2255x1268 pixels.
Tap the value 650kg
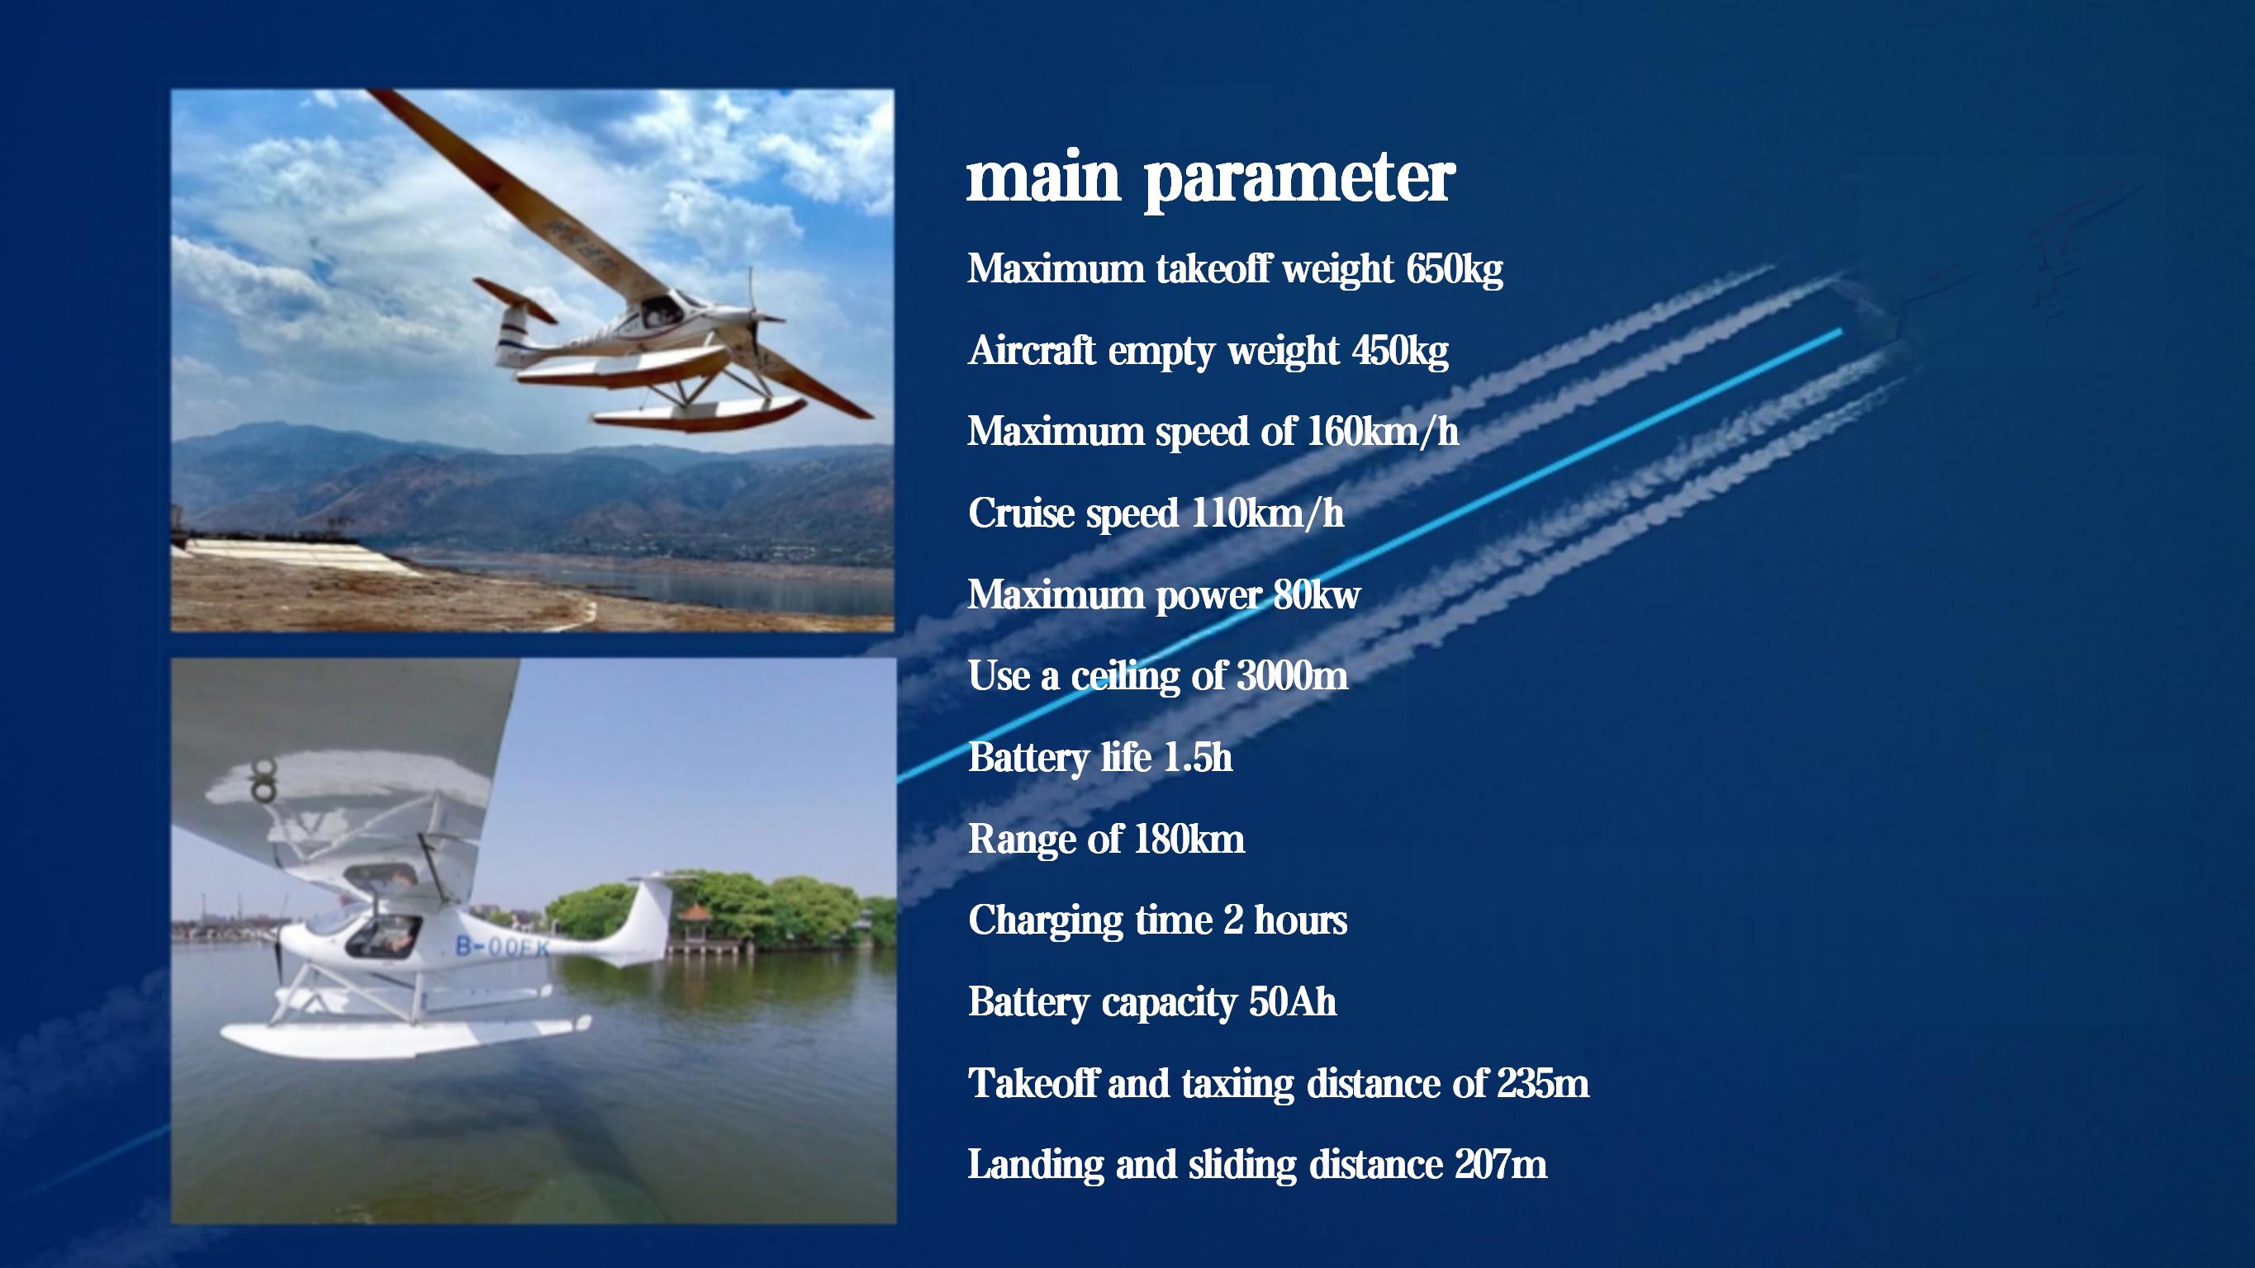(x=1454, y=268)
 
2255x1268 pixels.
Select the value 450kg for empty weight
(x=1400, y=351)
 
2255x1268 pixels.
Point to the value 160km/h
(x=1383, y=432)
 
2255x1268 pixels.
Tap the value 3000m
(x=1292, y=675)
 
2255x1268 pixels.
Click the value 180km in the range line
(x=1189, y=840)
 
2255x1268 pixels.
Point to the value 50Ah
(x=1293, y=1002)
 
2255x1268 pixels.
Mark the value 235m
(x=1542, y=1083)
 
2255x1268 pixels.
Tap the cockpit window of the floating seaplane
(x=379, y=934)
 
